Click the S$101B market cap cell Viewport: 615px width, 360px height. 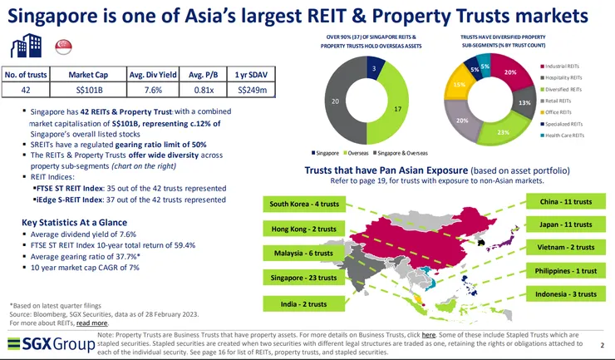coord(86,90)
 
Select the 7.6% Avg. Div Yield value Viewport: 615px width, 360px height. coord(145,90)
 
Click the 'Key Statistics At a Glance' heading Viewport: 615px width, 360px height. coord(74,222)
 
